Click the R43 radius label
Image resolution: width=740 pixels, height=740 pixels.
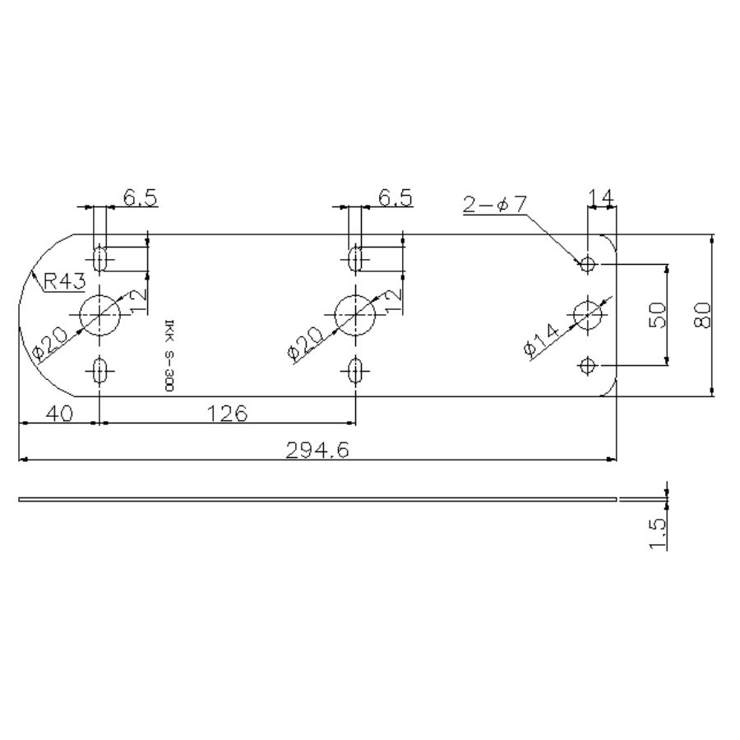[x=65, y=281]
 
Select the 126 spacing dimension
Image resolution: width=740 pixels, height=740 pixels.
[x=228, y=414]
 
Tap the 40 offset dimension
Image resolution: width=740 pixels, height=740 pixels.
[x=60, y=414]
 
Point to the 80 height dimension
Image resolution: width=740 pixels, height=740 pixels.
[x=703, y=315]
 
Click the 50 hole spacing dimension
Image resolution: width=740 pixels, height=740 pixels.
[x=658, y=315]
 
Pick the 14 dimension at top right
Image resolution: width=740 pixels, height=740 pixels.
[x=601, y=197]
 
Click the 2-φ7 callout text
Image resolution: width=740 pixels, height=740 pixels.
[x=495, y=205]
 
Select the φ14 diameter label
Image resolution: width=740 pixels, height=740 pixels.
[x=541, y=340]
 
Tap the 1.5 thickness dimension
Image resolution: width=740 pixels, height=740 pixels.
[x=658, y=534]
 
